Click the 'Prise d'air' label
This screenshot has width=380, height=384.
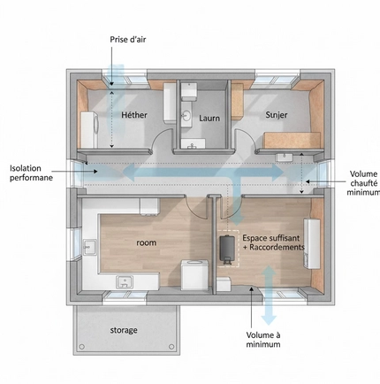[128, 40]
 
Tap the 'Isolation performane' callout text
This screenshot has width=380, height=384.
[31, 173]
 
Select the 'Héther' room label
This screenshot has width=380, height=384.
[134, 115]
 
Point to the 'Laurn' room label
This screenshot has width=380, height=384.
[209, 119]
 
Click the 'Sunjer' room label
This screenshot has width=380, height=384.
[277, 115]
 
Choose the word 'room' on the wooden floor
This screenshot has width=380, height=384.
[146, 242]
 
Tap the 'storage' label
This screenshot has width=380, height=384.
[124, 330]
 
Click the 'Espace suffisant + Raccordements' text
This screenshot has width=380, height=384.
[272, 242]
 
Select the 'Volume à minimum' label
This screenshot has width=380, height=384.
[263, 340]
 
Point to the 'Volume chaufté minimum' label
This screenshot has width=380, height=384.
[364, 183]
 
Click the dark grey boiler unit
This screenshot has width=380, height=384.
[227, 249]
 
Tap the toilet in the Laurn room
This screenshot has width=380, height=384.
[188, 92]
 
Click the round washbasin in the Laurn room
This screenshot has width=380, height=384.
[186, 115]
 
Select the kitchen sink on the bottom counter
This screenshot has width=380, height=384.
[125, 281]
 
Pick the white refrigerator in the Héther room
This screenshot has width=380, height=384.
[89, 129]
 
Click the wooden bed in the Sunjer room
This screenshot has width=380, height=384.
[292, 140]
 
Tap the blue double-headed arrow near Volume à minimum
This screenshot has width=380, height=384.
[269, 295]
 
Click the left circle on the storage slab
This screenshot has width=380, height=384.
[82, 347]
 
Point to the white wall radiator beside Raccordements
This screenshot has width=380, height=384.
[312, 243]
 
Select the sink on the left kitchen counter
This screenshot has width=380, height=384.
[89, 247]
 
